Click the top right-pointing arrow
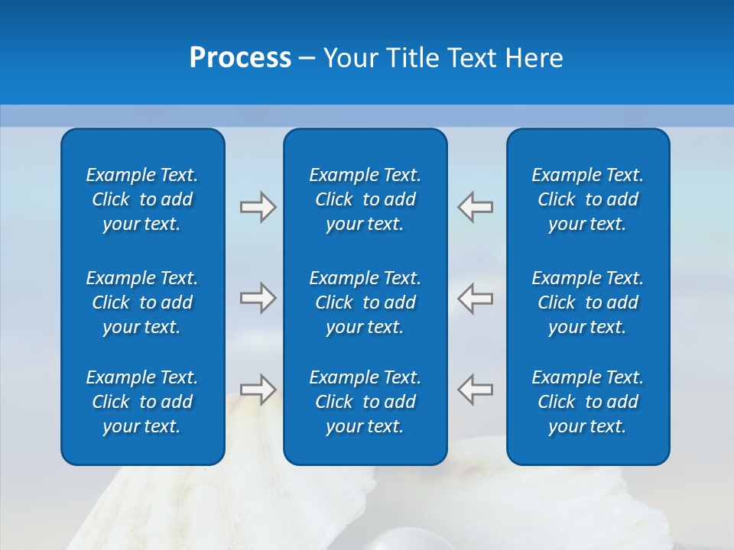click(258, 207)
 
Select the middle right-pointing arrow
click(258, 298)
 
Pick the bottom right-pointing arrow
click(258, 389)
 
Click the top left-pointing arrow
click(475, 207)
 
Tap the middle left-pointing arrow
click(475, 298)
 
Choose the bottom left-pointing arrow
click(475, 389)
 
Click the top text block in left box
click(142, 199)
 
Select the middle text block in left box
click(142, 302)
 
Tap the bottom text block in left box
click(142, 402)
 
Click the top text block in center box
click(365, 199)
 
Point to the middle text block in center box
click(365, 302)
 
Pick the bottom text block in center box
click(365, 402)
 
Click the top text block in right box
click(587, 199)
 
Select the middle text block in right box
click(587, 302)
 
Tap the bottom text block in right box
click(587, 402)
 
